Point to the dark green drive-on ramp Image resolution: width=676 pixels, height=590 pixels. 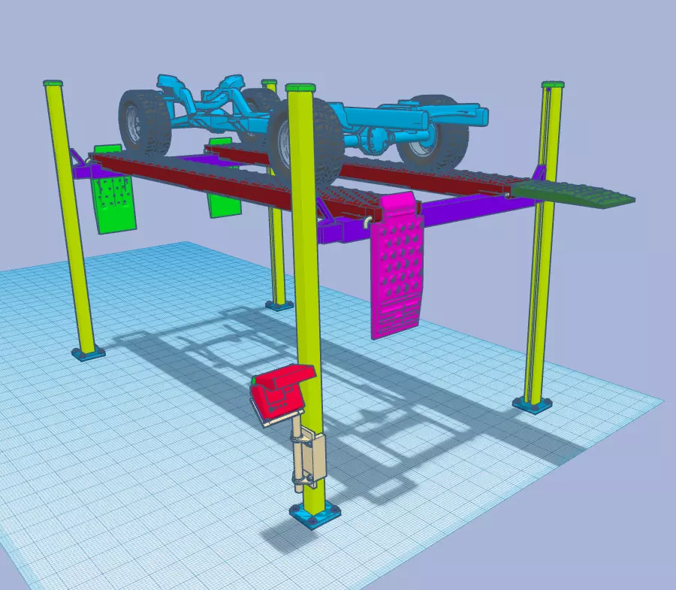[x=579, y=192]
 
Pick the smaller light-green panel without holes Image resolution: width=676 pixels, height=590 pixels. [x=222, y=200]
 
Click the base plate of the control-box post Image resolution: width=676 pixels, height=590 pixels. [x=315, y=516]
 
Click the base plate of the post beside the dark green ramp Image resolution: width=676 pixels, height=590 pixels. [x=537, y=404]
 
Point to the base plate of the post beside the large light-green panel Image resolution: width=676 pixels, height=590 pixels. [x=88, y=352]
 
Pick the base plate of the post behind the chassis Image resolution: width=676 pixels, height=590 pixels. [x=279, y=304]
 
